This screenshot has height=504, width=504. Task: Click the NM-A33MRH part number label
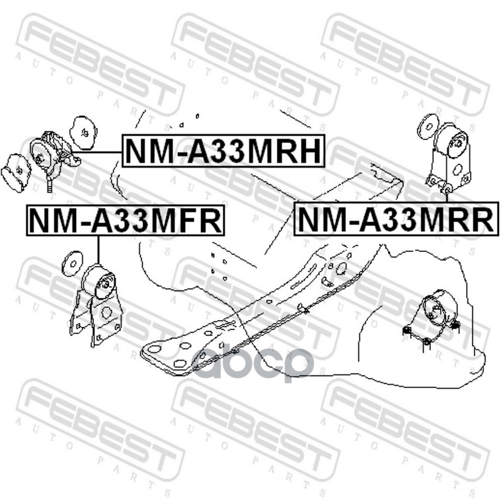(223, 151)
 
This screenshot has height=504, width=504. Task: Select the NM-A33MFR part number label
(125, 220)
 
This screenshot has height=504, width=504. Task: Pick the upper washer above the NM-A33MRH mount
(83, 130)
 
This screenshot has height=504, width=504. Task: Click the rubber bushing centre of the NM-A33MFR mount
(100, 282)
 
